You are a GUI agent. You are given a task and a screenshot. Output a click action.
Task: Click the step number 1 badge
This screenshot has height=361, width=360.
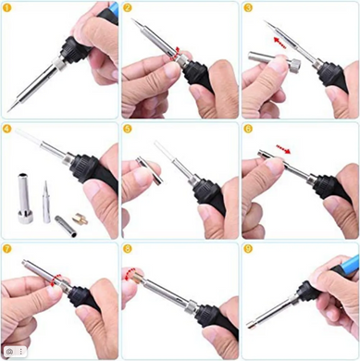(x=6, y=7)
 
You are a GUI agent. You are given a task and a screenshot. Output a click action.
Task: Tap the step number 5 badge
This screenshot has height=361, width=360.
(x=127, y=129)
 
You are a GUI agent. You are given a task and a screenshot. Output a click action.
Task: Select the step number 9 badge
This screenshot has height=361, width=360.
(x=248, y=249)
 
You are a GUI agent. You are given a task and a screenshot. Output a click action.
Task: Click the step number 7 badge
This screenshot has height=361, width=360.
(x=6, y=249)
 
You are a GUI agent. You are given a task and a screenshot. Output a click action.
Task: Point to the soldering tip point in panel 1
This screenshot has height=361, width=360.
(x=9, y=110)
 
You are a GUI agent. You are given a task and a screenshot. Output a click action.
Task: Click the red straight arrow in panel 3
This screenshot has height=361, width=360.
(x=280, y=43)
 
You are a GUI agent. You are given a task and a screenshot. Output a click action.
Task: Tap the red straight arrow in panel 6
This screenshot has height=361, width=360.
(x=283, y=149)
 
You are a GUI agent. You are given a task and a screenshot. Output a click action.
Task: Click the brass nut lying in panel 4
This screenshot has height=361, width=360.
(x=80, y=219)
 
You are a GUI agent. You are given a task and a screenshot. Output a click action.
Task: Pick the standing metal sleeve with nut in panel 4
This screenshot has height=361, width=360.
(x=23, y=198)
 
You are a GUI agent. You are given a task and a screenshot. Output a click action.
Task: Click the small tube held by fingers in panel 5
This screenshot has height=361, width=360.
(x=150, y=170)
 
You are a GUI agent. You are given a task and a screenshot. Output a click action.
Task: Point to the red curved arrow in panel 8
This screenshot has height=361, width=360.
(x=130, y=274)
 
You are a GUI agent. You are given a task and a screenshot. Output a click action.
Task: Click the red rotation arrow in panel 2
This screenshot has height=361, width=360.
(x=176, y=53)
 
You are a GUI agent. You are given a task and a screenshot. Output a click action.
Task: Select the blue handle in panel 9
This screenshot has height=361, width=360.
(x=345, y=264)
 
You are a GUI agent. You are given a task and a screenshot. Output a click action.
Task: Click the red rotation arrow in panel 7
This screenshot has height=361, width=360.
(x=56, y=280)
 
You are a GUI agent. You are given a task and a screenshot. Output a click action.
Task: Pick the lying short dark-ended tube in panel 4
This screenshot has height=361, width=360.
(x=66, y=226)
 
